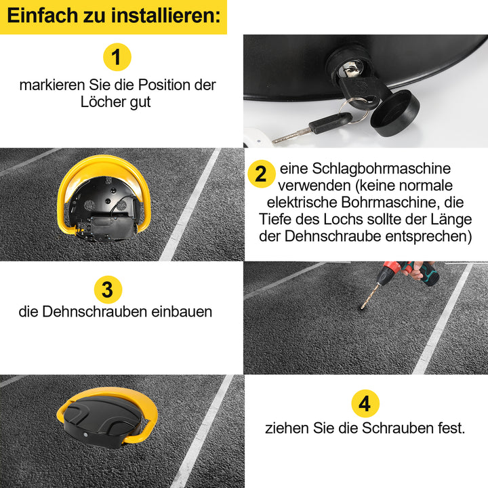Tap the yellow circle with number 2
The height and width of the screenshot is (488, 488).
(x=260, y=174)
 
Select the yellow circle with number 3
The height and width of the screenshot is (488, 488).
(x=107, y=289)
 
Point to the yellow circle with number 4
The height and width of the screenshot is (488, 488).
(x=365, y=405)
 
